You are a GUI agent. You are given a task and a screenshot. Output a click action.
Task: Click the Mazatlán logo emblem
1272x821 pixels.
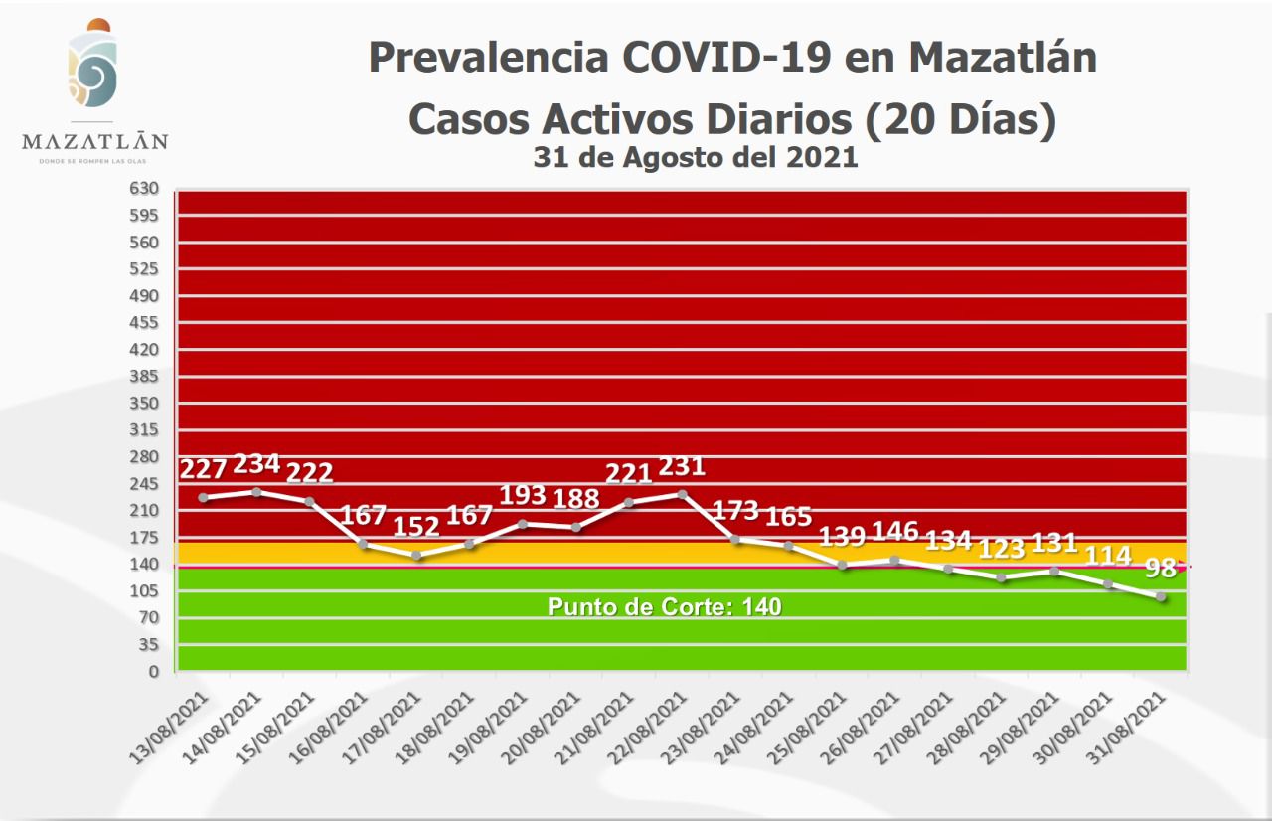tap(92, 67)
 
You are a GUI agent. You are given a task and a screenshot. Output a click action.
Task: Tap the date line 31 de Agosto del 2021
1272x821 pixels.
tap(695, 157)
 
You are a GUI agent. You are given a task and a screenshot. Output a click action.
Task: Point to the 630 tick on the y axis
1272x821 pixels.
tap(145, 189)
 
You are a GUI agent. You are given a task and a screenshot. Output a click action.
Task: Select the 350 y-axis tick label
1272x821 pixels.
tap(145, 404)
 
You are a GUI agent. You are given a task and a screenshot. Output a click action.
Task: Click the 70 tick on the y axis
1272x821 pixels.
tap(149, 618)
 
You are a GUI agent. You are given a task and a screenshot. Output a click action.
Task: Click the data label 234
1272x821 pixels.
tap(256, 465)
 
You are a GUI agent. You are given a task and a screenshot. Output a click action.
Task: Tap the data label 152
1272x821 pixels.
tap(417, 526)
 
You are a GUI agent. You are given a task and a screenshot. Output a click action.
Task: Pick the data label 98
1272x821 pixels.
tap(1160, 569)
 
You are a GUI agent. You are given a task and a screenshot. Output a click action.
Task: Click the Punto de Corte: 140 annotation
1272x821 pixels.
tap(665, 607)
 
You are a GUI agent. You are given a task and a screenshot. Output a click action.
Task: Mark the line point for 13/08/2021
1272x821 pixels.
tap(204, 497)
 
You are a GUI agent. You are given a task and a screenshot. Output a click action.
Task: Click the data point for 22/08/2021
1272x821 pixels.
tap(683, 493)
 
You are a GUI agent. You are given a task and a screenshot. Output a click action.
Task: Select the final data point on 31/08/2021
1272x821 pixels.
tap(1160, 596)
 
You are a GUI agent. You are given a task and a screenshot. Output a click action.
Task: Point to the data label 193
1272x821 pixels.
tap(523, 494)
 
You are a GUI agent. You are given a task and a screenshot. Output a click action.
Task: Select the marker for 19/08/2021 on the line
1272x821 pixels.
tap(523, 523)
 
